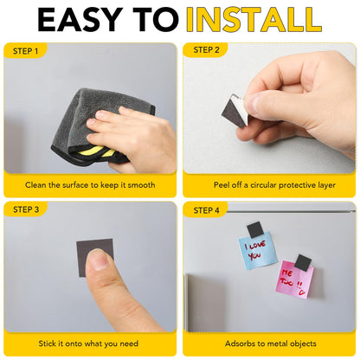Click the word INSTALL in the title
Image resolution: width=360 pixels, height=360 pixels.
(x=254, y=20)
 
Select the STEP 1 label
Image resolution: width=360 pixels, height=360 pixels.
(x=25, y=51)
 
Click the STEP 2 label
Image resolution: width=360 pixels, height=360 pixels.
(x=206, y=50)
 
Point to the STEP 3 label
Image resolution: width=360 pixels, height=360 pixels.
(x=26, y=209)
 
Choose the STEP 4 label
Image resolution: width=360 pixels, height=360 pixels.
(x=206, y=210)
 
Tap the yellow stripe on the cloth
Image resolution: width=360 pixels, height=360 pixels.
(x=95, y=151)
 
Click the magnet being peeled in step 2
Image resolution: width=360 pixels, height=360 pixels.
(x=234, y=111)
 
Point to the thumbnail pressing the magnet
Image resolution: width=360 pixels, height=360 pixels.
(x=97, y=259)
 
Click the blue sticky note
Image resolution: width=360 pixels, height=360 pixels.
(x=258, y=250)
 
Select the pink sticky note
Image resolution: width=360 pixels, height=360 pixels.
(x=294, y=280)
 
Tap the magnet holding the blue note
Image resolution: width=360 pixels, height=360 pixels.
(x=254, y=229)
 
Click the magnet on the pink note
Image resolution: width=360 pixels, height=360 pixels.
(x=303, y=263)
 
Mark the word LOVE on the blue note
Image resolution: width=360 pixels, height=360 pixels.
(x=257, y=246)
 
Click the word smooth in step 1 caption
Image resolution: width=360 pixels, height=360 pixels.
(x=141, y=185)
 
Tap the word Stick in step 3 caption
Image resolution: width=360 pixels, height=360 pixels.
(x=47, y=344)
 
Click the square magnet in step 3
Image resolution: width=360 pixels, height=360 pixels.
(x=95, y=254)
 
